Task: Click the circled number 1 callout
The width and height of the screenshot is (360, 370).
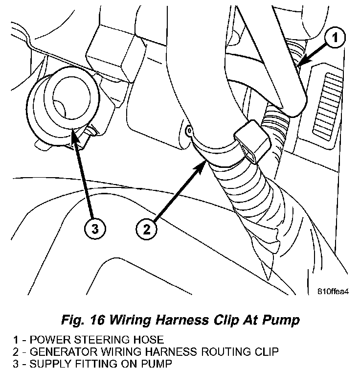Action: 335,38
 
